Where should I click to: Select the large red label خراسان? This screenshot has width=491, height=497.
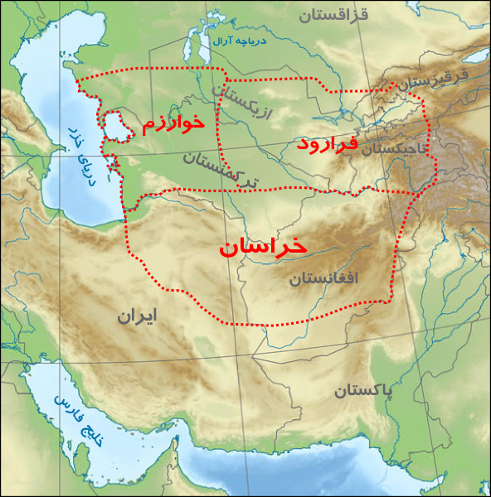click(263, 247)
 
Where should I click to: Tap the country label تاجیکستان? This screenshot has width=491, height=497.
click(394, 148)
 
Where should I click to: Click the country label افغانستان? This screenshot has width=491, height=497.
click(323, 278)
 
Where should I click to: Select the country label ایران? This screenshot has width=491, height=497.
click(136, 316)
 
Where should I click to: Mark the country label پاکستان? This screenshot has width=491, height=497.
click(364, 390)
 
